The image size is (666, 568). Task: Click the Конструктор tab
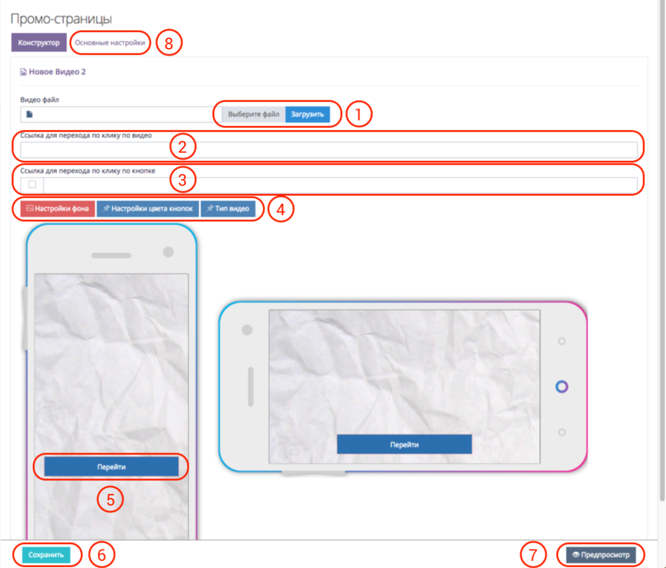tap(38, 43)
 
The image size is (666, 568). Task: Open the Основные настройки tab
tap(110, 43)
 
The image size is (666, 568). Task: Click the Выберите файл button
tap(254, 114)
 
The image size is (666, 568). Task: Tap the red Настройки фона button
tap(58, 209)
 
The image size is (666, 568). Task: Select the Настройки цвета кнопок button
tap(148, 209)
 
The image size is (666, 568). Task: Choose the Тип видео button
tap(228, 209)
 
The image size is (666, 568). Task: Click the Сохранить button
tap(46, 555)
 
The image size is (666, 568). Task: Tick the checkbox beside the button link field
tap(32, 185)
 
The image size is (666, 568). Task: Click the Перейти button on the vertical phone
tap(111, 467)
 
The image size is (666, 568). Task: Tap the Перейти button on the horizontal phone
tap(405, 444)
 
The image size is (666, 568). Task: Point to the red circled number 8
tap(169, 43)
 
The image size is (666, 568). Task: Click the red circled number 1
tap(359, 114)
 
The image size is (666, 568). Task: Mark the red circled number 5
tap(111, 499)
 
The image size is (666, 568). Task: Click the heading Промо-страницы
tap(61, 19)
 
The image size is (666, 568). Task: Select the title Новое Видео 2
tap(57, 72)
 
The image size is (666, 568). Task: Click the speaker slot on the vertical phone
tap(111, 255)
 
